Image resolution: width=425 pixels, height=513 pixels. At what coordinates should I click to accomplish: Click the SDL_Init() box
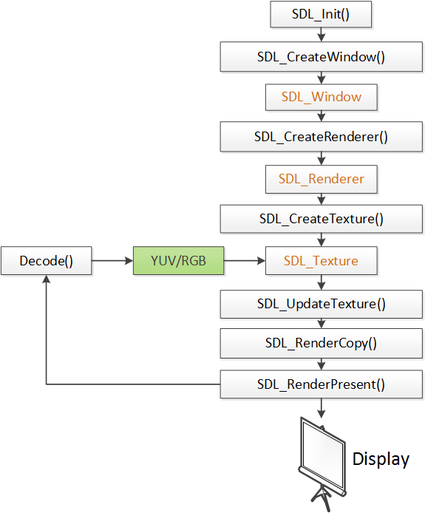coord(321,14)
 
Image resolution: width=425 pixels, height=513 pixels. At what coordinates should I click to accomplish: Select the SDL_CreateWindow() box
coord(322,57)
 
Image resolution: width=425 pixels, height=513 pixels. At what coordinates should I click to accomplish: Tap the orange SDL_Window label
coord(322,97)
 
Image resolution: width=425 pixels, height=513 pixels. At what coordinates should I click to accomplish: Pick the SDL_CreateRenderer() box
coord(322,137)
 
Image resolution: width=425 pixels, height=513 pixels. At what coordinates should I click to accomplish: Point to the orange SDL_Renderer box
coord(322,180)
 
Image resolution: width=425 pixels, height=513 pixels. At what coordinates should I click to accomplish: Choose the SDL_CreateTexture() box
coord(322,219)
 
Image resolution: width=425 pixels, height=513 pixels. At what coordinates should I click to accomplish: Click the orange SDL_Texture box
coord(322,261)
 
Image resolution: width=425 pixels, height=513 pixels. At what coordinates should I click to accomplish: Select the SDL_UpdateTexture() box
coord(322,305)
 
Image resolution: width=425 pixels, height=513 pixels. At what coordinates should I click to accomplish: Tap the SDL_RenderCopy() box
coord(322,344)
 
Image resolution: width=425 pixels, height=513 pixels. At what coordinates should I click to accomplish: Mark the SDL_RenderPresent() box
coord(322,384)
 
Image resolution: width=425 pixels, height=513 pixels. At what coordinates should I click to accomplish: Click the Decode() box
coord(46,261)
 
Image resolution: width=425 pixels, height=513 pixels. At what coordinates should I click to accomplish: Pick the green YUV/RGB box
coord(179,261)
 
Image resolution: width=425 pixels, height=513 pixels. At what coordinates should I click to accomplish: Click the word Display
coord(381,459)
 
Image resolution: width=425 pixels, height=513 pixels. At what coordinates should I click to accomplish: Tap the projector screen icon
coord(322,463)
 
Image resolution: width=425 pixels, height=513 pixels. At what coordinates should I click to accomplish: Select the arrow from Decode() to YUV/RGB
coord(112,261)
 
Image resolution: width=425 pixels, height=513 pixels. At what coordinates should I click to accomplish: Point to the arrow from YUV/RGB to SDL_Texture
coord(245,261)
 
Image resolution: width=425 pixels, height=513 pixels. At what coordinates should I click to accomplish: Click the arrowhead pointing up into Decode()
coord(46,279)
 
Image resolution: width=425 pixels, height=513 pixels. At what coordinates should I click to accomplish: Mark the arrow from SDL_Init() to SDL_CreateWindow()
coord(322,35)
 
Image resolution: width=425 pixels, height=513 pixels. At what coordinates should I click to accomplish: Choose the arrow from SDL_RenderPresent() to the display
coord(322,408)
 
